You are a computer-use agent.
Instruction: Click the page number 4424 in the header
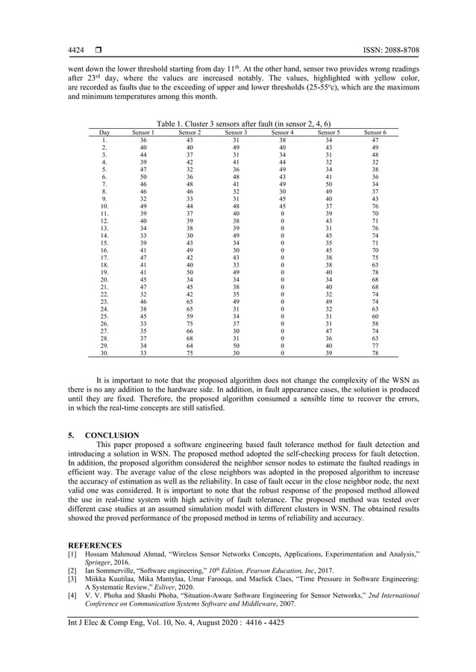76,51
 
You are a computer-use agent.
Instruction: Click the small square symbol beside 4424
98,51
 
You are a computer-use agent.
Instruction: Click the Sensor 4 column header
282,132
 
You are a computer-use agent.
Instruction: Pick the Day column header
105,132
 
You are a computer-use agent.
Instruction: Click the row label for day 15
105,242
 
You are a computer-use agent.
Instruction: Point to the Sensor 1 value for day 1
143,139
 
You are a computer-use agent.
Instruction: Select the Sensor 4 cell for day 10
282,206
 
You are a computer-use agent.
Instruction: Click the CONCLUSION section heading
116,434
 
